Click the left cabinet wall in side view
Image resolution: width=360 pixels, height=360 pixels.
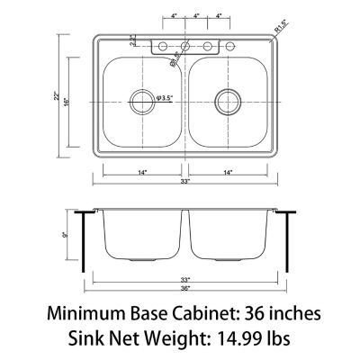83,243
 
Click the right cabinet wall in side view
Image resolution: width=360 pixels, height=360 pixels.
286,243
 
